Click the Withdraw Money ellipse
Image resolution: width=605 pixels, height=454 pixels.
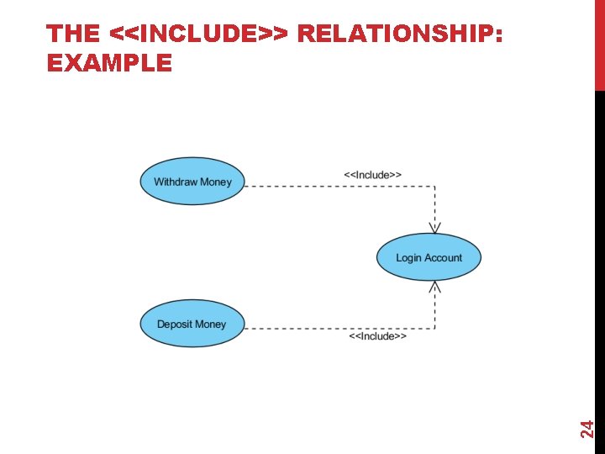(x=192, y=182)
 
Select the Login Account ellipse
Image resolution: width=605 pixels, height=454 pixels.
(x=428, y=257)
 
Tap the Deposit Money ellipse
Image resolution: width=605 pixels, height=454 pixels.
(x=192, y=325)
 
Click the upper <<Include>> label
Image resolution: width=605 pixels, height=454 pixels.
(x=373, y=175)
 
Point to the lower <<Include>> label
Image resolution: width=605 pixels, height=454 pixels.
(x=378, y=336)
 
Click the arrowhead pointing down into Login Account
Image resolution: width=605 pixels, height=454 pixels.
(x=434, y=227)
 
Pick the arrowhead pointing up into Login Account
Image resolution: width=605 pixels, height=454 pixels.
(x=434, y=288)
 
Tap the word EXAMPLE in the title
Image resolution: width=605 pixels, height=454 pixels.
(x=109, y=63)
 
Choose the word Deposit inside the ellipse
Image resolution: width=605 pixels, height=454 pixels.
(x=175, y=325)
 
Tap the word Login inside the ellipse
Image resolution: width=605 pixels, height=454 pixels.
(x=409, y=258)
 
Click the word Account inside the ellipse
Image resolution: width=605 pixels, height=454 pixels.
(x=443, y=258)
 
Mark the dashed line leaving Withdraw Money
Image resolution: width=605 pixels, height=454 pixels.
(x=336, y=186)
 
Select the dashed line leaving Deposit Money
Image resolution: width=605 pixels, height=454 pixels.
(x=336, y=328)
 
